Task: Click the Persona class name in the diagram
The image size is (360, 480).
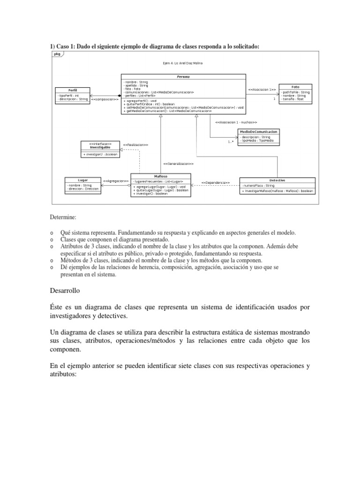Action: (183, 76)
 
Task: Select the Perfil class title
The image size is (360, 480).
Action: (72, 90)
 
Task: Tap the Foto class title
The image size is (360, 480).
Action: (295, 87)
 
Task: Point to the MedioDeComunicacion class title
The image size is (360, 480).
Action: (258, 132)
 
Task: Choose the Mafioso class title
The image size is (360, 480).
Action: (161, 176)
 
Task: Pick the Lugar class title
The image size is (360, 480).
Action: (82, 180)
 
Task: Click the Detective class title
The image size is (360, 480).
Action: (277, 180)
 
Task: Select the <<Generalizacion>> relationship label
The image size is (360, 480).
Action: (179, 164)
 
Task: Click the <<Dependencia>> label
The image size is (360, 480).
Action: (216, 182)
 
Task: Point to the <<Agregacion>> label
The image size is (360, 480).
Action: (116, 180)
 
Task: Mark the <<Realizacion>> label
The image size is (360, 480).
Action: (135, 145)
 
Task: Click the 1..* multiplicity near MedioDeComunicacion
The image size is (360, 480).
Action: (231, 141)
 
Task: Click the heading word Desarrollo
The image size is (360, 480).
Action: (65, 291)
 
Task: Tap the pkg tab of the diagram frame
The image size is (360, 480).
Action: (57, 54)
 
